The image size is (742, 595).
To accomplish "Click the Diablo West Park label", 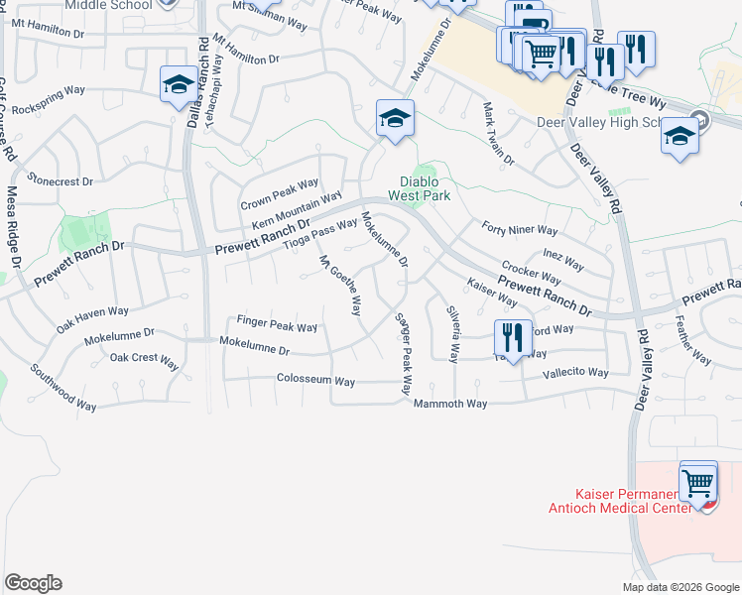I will [426, 188].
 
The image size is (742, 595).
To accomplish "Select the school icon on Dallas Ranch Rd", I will [179, 84].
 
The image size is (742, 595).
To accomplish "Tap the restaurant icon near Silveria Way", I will [513, 337].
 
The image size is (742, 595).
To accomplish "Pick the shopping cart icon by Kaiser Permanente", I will [699, 482].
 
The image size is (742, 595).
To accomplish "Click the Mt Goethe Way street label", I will [339, 286].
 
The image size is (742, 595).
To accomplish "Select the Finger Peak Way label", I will [277, 325].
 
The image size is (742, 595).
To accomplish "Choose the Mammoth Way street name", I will [450, 404].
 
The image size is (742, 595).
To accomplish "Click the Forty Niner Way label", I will [519, 230].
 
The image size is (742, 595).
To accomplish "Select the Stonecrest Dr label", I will [61, 181].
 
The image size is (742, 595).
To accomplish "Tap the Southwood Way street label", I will [62, 388].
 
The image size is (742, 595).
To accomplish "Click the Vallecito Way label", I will [575, 372].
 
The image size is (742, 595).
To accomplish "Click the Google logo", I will [33, 583].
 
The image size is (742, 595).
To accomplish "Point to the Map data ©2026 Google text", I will [681, 587].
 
